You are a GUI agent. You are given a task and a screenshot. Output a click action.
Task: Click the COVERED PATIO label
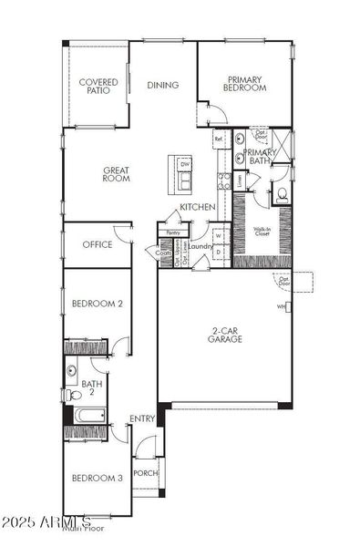[x=97, y=86]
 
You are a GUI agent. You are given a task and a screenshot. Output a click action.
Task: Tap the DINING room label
[x=162, y=86]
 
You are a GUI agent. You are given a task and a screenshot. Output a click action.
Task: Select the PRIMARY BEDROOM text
[x=246, y=83]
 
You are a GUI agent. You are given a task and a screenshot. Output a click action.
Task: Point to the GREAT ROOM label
[x=116, y=173]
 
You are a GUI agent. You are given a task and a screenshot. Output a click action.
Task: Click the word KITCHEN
[x=197, y=208]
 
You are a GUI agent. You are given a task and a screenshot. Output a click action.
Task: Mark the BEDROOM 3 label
[x=97, y=478]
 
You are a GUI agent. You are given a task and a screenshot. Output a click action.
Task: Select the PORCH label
[x=145, y=473]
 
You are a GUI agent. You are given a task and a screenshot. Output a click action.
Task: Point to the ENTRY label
[x=141, y=418]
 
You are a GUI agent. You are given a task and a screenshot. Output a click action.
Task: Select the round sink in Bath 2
[x=72, y=370]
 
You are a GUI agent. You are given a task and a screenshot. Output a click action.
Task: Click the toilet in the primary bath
[x=281, y=193]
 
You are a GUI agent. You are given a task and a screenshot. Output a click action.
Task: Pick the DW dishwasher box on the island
[x=183, y=165]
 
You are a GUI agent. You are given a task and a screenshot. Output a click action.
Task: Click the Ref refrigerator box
[x=219, y=139]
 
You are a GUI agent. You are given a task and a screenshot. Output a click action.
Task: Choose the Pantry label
[x=174, y=232]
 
